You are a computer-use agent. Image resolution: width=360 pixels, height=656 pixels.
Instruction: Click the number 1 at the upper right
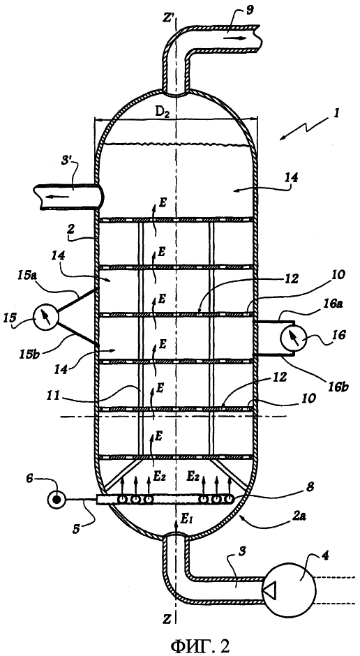338,113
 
